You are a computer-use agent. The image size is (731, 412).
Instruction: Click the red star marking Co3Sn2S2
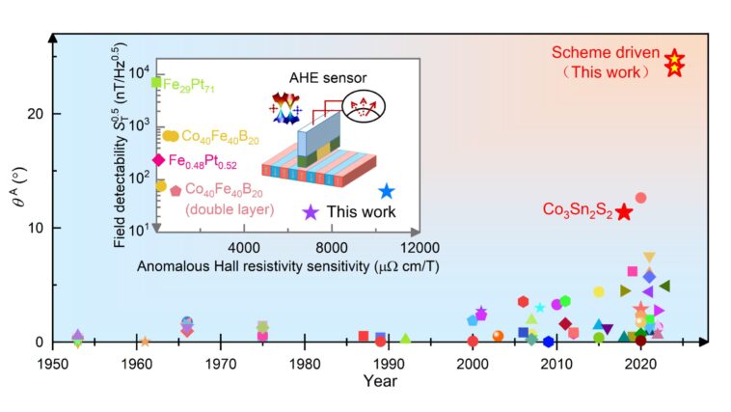624,211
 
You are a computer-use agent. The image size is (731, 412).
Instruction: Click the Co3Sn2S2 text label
577,210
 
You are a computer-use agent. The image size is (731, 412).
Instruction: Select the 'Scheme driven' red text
604,54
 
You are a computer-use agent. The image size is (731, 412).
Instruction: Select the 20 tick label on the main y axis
33,113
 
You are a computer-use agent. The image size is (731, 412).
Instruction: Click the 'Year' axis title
380,381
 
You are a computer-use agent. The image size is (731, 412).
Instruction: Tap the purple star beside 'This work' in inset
310,212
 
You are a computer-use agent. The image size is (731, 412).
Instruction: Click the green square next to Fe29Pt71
156,83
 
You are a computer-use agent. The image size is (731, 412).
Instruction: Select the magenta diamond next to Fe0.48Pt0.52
158,160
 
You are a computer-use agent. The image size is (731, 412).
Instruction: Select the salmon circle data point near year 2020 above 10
640,198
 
